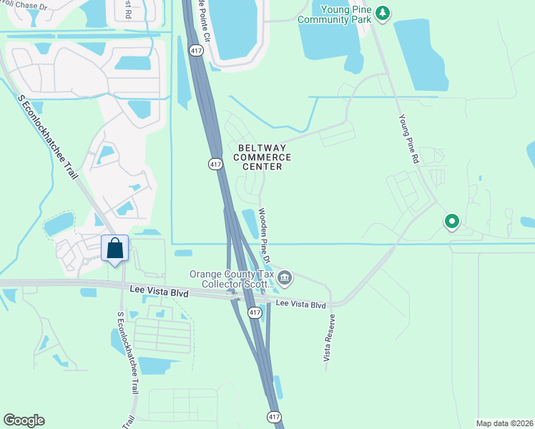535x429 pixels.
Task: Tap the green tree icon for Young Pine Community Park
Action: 383,12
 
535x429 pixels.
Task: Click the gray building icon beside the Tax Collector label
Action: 285,277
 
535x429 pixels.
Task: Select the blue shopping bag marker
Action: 115,249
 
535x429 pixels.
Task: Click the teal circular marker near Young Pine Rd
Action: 451,222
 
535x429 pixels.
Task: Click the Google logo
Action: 24,420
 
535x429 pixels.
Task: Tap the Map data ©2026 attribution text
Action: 505,423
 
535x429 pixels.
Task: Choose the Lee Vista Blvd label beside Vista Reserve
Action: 301,305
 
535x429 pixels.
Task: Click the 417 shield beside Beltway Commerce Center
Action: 215,164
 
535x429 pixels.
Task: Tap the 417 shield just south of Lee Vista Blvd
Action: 254,312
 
